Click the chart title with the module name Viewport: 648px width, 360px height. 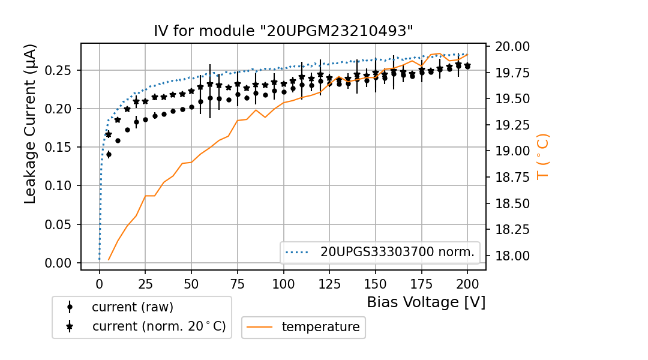pyautogui.click(x=283, y=31)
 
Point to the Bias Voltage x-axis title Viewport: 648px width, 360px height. pyautogui.click(x=426, y=302)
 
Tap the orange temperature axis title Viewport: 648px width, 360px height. pyautogui.click(x=542, y=156)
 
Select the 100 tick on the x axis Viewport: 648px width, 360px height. pyautogui.click(x=283, y=282)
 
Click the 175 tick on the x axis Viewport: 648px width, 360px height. pyautogui.click(x=421, y=282)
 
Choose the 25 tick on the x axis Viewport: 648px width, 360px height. pyautogui.click(x=145, y=282)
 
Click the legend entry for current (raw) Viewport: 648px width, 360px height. pyautogui.click(x=132, y=307)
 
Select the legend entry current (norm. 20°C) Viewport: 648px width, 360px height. pyautogui.click(x=158, y=326)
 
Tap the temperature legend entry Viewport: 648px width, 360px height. pyautogui.click(x=320, y=327)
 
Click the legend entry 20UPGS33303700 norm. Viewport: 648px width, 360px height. pyautogui.click(x=397, y=253)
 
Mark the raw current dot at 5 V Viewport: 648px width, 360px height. pyautogui.click(x=109, y=154)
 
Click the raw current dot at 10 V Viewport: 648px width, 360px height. pyautogui.click(x=118, y=140)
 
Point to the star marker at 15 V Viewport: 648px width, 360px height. pyautogui.click(x=127, y=109)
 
